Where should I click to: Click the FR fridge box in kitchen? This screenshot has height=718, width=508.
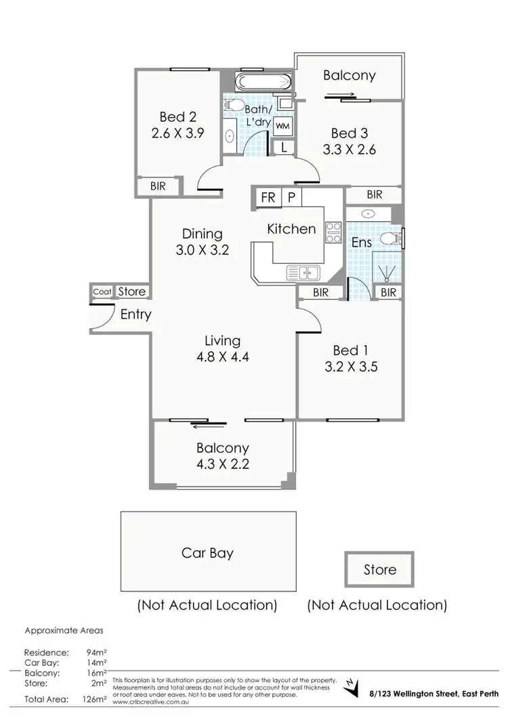268,197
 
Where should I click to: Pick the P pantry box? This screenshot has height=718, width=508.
291,197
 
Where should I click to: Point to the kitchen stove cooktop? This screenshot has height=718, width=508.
333,232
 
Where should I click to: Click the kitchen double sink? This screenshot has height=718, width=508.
303,273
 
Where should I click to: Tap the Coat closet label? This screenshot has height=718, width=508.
102,292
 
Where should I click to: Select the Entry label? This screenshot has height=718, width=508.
135,315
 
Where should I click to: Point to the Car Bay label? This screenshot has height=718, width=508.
207,553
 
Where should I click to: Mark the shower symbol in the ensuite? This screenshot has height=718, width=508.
387,273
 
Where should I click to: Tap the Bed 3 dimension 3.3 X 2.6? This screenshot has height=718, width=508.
350,150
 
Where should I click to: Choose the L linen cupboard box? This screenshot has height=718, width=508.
283,146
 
